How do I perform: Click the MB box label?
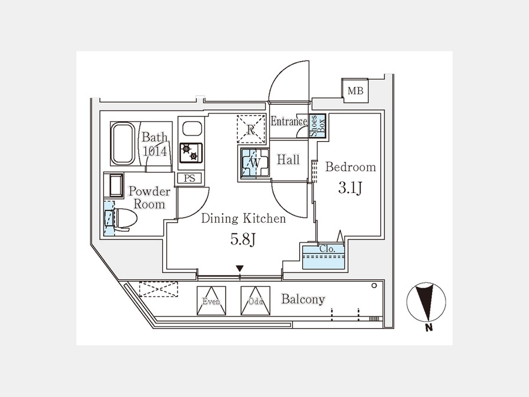click(x=355, y=91)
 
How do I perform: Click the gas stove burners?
click(x=190, y=152)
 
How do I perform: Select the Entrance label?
click(x=289, y=122)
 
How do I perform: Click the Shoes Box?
click(x=317, y=125)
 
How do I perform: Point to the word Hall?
click(x=288, y=160)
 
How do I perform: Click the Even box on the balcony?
click(x=211, y=301)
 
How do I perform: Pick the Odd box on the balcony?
click(x=256, y=301)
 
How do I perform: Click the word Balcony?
click(x=303, y=299)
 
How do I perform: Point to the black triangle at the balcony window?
click(x=239, y=269)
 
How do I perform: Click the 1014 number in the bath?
click(x=155, y=151)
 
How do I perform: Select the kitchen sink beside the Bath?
click(x=190, y=129)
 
